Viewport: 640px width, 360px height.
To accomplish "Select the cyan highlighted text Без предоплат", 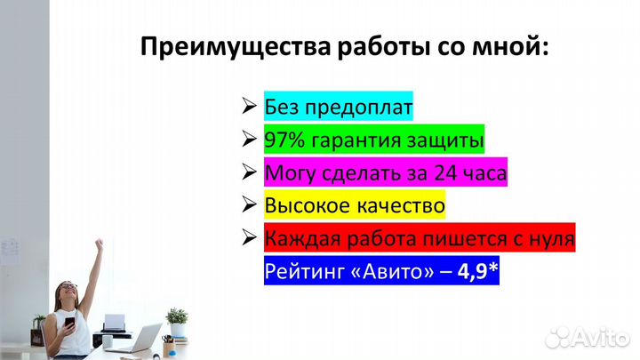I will (339, 108).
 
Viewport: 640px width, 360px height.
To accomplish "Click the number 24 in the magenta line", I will (438, 172).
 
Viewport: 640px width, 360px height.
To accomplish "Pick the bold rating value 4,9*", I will (477, 271).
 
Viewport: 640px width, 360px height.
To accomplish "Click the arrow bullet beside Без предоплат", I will (249, 108).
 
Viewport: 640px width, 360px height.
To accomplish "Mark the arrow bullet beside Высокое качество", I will (249, 205).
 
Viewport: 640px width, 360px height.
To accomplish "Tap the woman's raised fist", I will (98, 243).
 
